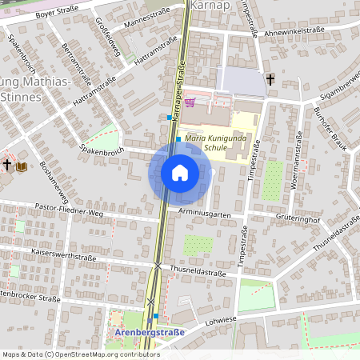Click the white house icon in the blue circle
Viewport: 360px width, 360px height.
pyautogui.click(x=179, y=173)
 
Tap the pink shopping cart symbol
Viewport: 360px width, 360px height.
pyautogui.click(x=190, y=102)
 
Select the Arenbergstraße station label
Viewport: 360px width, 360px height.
pyautogui.click(x=150, y=332)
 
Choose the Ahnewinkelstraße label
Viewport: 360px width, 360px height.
pyautogui.click(x=299, y=31)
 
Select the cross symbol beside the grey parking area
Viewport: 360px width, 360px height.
pyautogui.click(x=271, y=80)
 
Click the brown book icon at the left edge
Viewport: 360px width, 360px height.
pyautogui.click(x=22, y=166)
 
